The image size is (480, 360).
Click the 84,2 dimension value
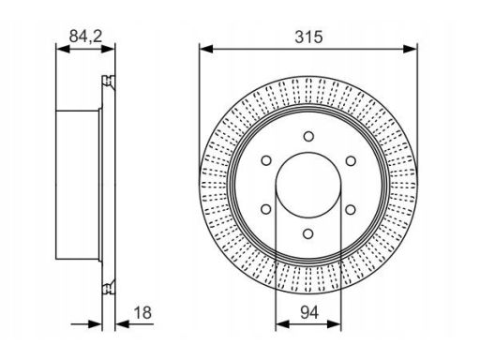[x=85, y=37]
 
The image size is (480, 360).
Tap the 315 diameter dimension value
[x=308, y=37]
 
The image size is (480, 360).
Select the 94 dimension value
[x=309, y=312]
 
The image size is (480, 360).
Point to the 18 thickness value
[x=142, y=312]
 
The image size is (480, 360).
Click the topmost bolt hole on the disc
[x=308, y=136]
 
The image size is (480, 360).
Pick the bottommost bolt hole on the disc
[x=308, y=233]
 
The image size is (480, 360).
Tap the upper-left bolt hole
[x=266, y=160]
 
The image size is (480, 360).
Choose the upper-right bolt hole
[x=351, y=160]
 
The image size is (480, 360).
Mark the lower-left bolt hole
[x=266, y=209]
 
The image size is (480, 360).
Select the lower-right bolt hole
[x=351, y=209]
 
